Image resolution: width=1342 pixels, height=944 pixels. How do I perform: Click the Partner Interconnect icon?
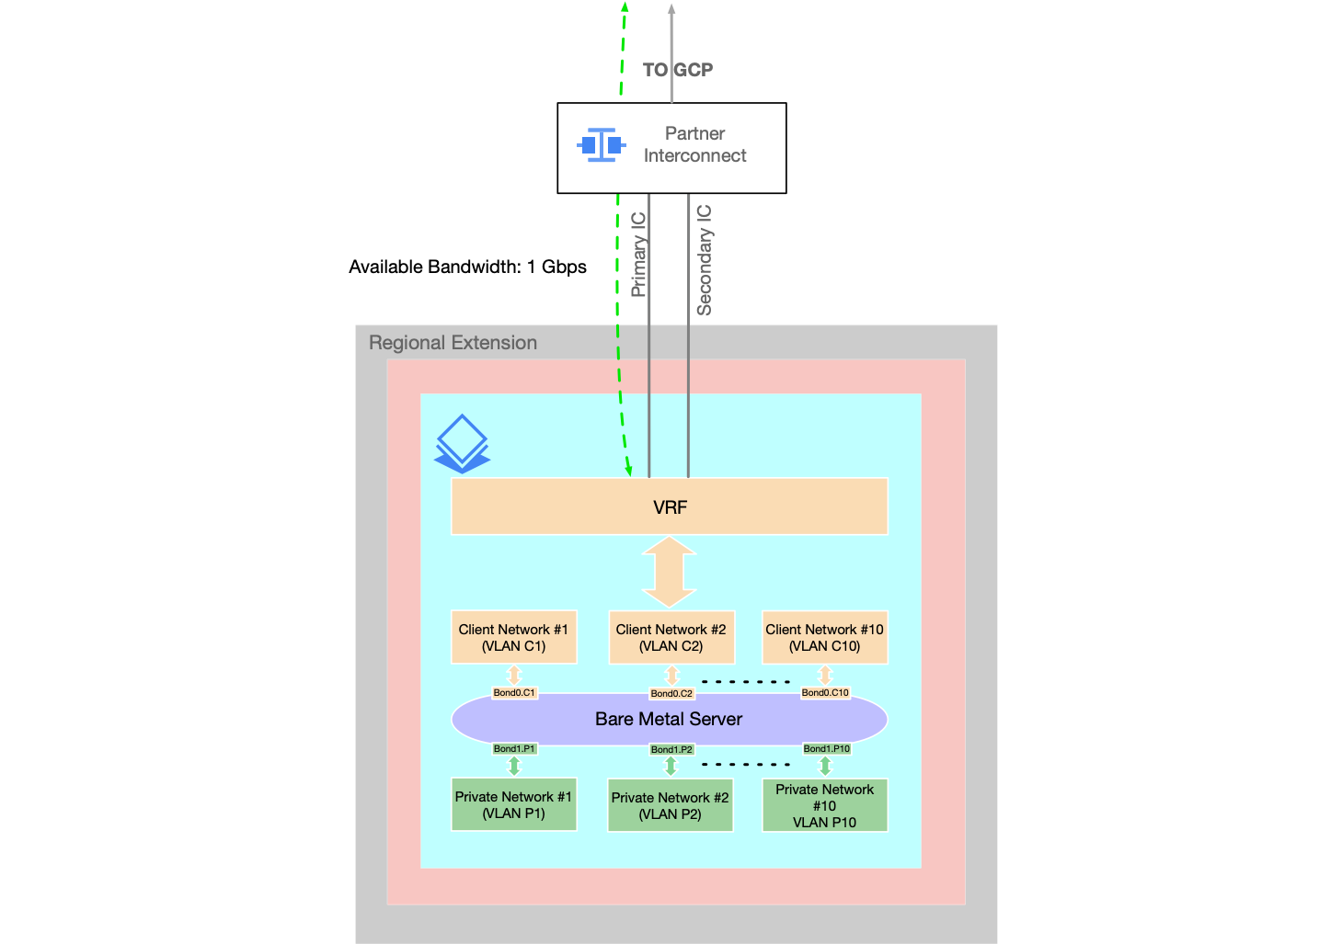coord(601,145)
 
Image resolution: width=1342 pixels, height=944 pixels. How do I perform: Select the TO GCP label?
coord(677,70)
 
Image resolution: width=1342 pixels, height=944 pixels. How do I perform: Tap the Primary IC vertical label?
coord(638,255)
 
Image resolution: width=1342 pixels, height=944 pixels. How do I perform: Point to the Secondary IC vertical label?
coord(705,260)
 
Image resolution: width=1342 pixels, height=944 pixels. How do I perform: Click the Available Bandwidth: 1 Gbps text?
coord(467,267)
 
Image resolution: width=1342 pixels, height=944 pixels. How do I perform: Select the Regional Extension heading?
coord(453,343)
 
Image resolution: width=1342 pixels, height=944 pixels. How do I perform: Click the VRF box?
coord(669,506)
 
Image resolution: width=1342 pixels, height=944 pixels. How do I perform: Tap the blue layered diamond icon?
coord(462,444)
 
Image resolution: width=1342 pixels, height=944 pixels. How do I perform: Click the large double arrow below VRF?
coord(669,572)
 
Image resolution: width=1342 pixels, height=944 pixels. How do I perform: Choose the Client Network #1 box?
coord(513,637)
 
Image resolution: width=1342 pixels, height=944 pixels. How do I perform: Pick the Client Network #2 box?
coord(671,637)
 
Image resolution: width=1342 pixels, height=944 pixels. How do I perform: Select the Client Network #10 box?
coord(824,637)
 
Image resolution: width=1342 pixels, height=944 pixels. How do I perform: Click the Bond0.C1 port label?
coord(514,693)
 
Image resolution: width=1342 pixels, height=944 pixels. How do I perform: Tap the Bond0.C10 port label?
coord(825,693)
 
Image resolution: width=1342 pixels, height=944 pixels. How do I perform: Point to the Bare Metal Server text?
coord(669,719)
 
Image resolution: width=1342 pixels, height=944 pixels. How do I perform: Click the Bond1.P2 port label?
coord(671,750)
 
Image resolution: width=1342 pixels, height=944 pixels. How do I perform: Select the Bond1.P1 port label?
coord(514,749)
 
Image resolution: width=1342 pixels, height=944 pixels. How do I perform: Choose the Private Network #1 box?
coord(513,805)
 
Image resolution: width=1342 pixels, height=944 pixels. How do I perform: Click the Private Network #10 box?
coord(824,805)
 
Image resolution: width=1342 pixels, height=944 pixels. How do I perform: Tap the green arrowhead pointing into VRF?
coord(629,470)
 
